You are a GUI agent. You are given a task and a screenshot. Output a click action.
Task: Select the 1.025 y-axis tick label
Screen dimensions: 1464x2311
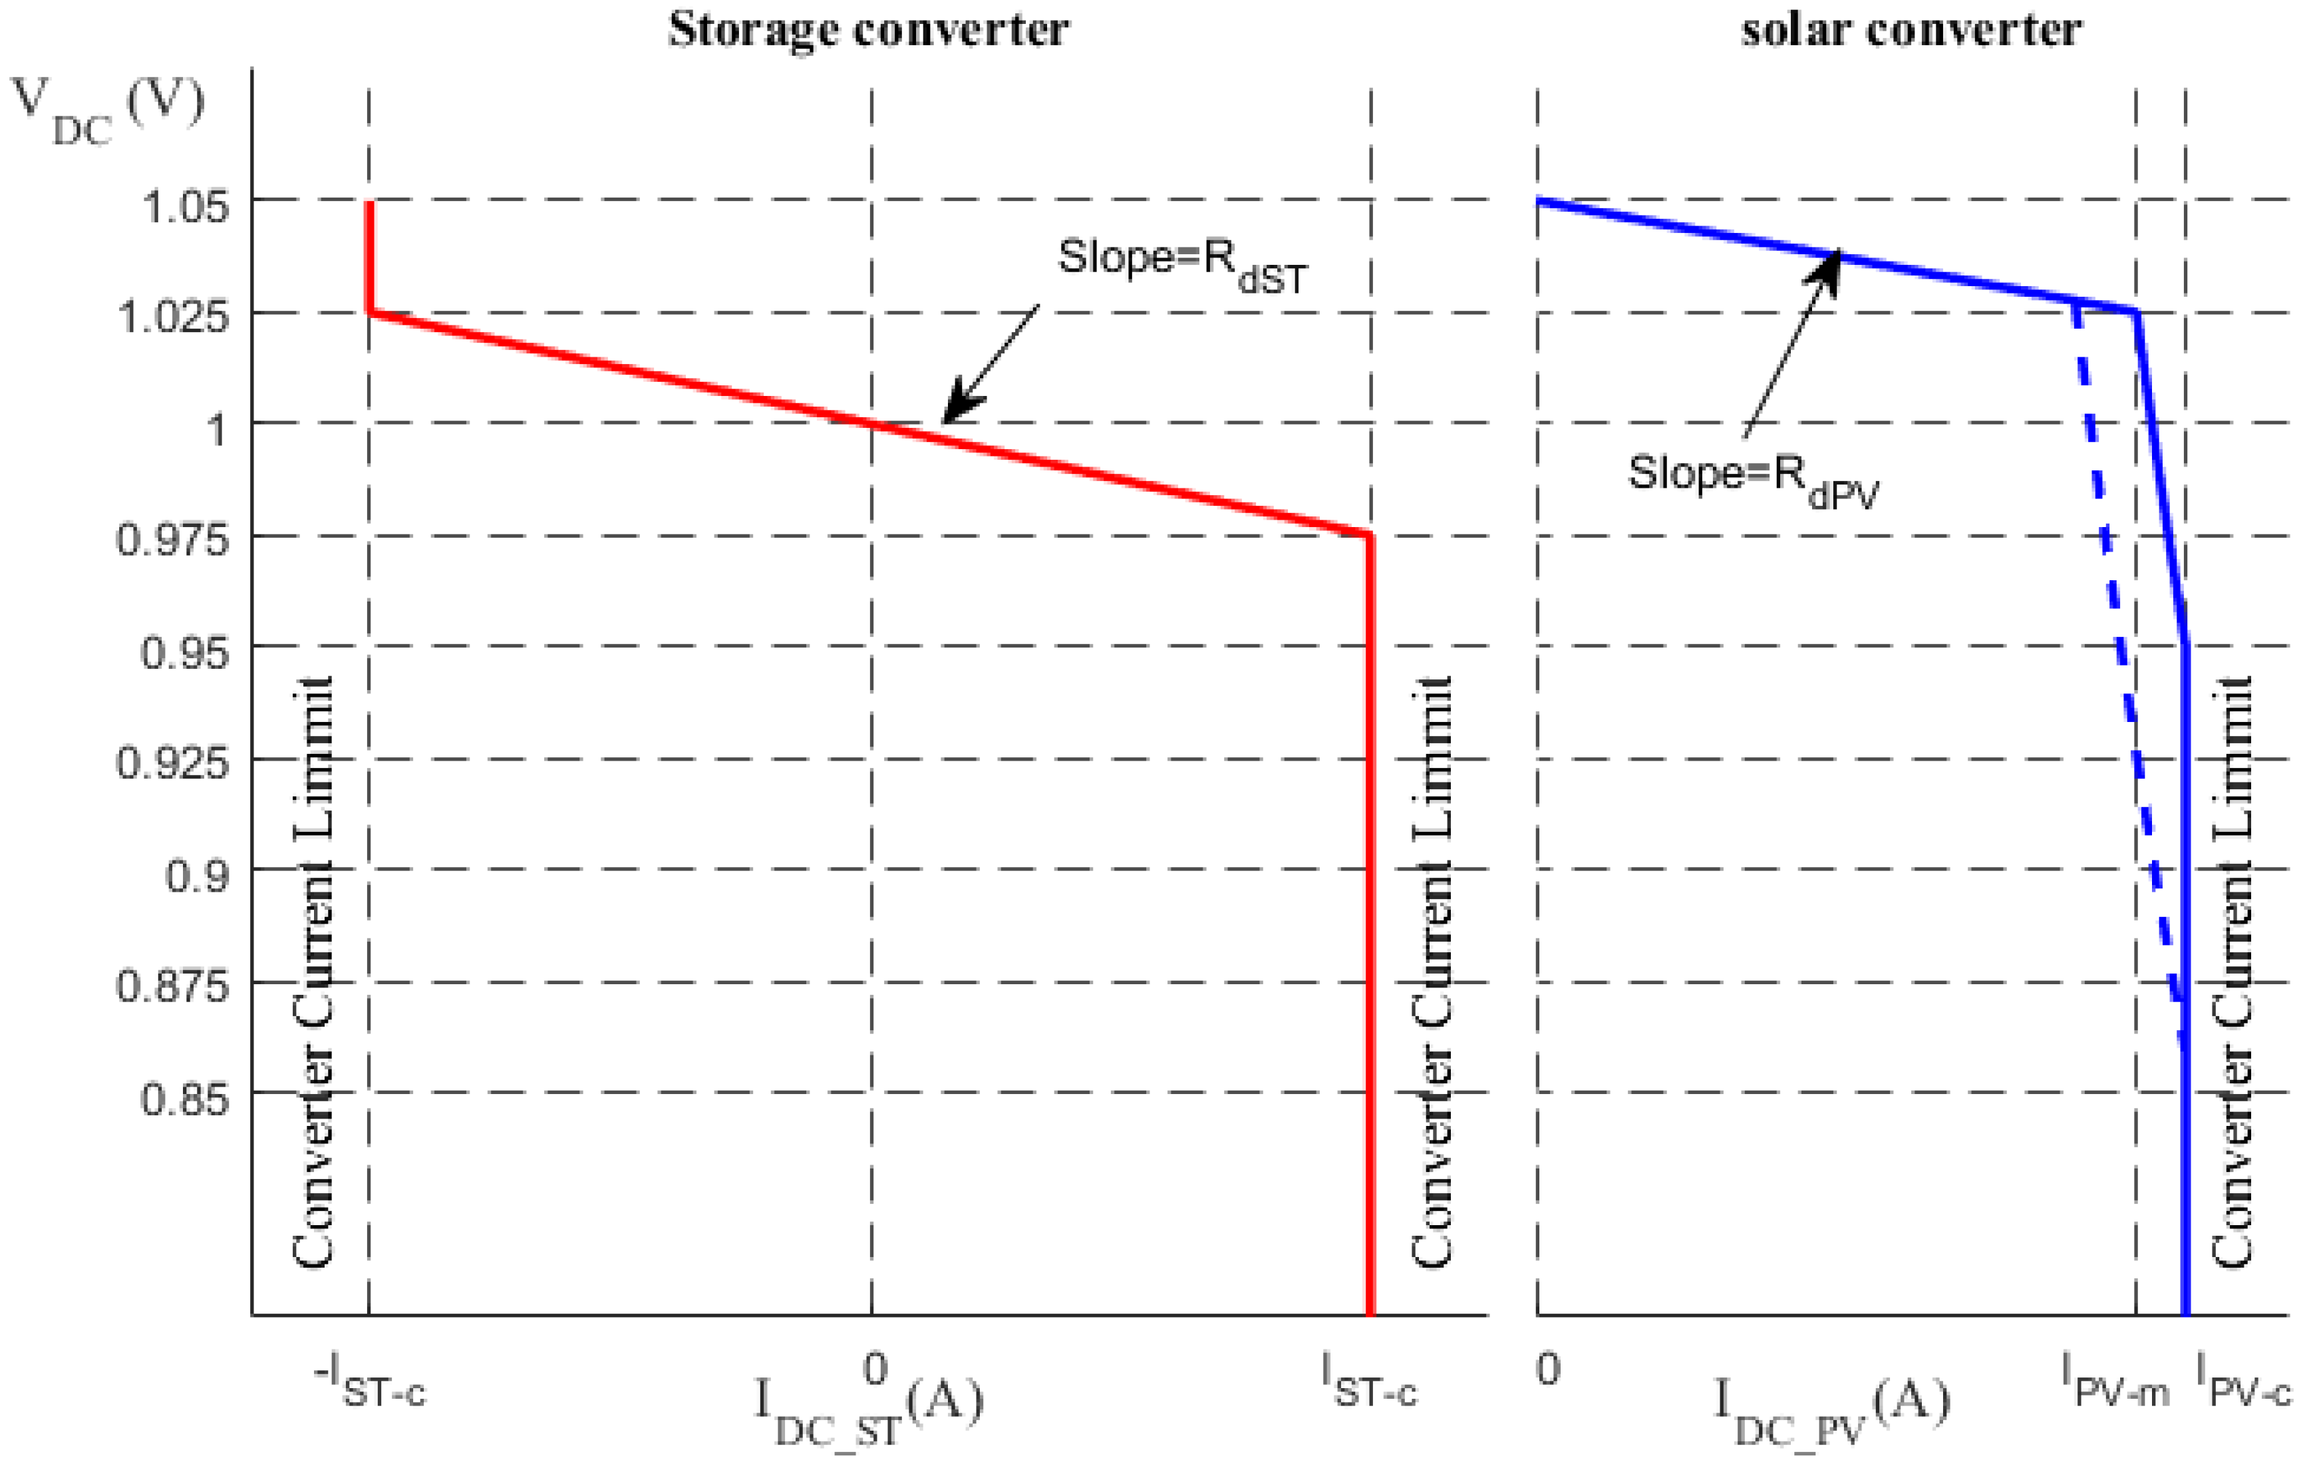(173, 317)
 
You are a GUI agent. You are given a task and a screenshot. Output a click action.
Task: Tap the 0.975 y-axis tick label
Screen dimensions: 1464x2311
(173, 540)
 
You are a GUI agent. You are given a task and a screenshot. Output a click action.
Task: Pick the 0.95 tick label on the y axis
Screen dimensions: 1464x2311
(185, 653)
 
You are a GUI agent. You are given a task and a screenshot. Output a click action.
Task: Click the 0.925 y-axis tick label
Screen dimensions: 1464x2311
(173, 764)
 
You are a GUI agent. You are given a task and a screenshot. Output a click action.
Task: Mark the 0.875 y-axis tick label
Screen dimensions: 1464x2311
(173, 987)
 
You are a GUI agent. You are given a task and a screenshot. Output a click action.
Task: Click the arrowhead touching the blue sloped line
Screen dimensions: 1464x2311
(1828, 264)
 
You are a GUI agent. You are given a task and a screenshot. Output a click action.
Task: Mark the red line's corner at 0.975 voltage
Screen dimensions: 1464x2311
(1370, 535)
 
